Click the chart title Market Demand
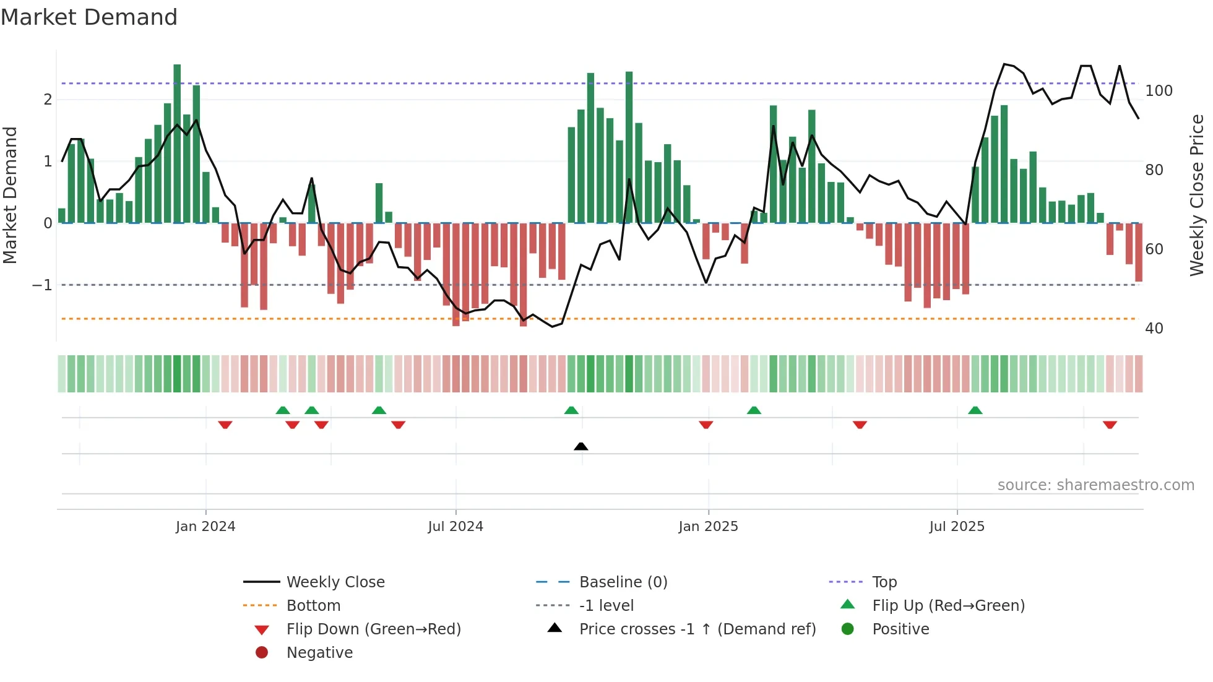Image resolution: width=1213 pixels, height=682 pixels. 89,17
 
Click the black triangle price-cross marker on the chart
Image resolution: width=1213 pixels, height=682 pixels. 581,446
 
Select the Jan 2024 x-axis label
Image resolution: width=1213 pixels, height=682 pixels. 205,527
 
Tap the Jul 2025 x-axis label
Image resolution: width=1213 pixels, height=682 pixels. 957,527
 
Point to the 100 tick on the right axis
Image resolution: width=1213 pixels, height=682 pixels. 1159,91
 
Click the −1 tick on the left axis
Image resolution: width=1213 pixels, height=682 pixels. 42,285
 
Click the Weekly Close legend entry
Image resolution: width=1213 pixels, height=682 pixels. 335,582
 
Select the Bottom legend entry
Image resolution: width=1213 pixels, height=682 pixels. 313,606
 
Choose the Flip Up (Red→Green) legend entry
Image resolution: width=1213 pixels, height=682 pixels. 948,606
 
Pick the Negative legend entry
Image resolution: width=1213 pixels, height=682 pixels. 319,653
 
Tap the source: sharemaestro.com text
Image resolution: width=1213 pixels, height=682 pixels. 1095,485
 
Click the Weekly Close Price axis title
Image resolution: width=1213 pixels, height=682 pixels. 1198,195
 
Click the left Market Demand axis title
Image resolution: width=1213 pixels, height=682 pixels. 10,195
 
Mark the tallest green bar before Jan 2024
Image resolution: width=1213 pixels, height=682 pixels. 177,142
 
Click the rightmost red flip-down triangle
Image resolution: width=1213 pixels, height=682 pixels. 1110,425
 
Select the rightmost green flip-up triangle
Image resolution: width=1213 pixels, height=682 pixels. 975,410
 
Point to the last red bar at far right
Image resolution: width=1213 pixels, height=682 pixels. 1139,253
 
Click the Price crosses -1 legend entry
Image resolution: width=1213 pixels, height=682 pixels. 697,629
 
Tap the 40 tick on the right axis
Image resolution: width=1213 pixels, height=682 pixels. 1154,329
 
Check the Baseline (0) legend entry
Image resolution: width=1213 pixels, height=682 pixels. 623,582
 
